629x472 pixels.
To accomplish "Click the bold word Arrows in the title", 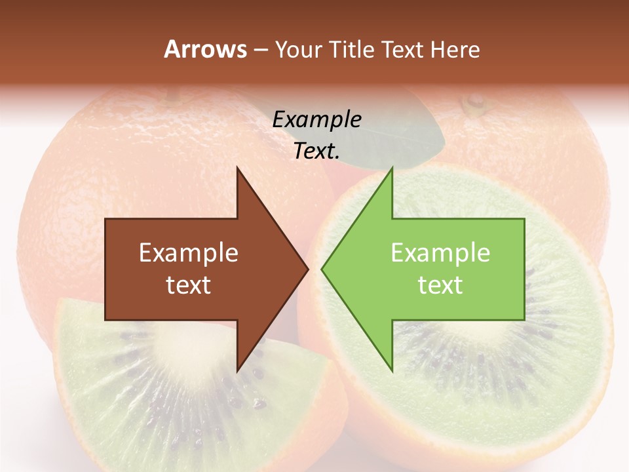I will [205, 49].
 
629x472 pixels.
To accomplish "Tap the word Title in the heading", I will [351, 50].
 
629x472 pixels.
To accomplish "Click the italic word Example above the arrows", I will [316, 120].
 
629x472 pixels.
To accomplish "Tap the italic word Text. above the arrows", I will [316, 151].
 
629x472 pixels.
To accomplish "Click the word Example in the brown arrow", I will [188, 253].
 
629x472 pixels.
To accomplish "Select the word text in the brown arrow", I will [188, 285].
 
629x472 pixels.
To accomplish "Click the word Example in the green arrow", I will [440, 253].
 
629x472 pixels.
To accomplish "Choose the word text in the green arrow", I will [440, 285].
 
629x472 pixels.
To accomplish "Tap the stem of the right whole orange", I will [474, 102].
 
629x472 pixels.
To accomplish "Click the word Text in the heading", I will [404, 50].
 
